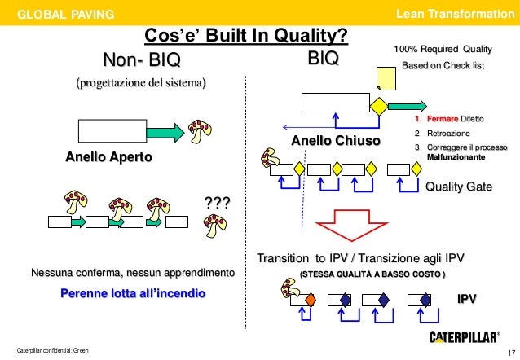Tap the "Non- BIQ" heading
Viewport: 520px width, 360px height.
[140, 61]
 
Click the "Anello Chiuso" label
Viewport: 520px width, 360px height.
[336, 142]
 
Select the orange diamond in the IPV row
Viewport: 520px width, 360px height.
[310, 300]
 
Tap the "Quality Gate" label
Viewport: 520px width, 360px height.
[460, 187]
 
